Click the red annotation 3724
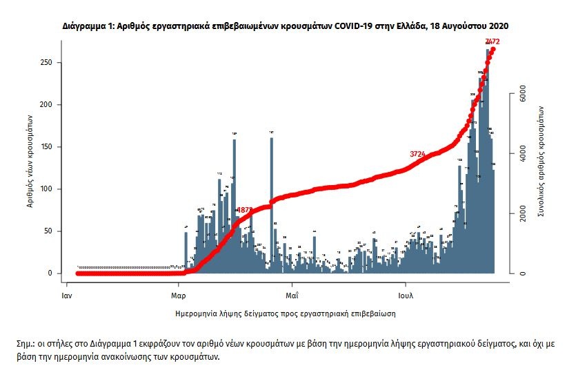click(418, 153)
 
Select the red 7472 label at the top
click(493, 42)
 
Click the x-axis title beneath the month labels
click(286, 313)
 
